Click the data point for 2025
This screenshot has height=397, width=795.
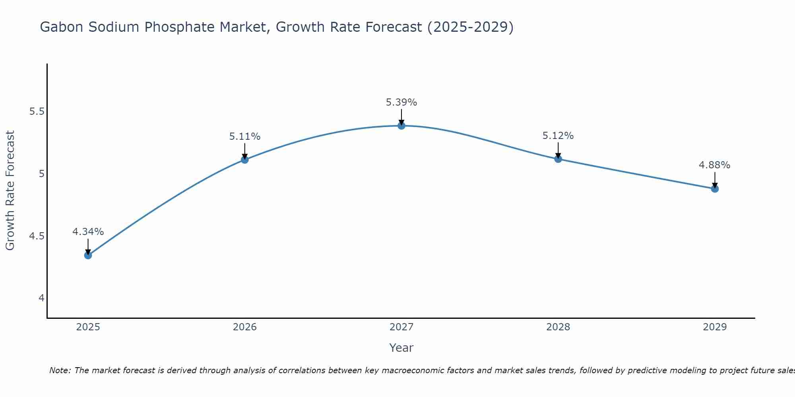pos(88,255)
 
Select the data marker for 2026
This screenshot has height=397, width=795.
pos(244,160)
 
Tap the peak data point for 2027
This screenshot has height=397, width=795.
pos(401,126)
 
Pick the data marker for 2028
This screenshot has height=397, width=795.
pos(558,159)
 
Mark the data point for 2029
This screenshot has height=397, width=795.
pos(715,189)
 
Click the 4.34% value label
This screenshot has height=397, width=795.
pos(88,231)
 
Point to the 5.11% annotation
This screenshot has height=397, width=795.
pos(244,137)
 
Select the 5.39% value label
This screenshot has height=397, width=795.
pos(401,102)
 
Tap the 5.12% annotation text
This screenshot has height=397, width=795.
pos(558,136)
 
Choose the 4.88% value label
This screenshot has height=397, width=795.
pos(715,165)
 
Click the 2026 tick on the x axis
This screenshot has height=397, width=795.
pos(244,327)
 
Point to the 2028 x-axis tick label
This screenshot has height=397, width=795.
pos(558,327)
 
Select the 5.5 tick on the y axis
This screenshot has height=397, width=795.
pos(37,112)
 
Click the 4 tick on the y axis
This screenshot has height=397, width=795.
pos(41,298)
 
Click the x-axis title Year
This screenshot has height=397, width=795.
pos(401,348)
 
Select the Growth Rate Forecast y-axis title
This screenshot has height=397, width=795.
pos(10,190)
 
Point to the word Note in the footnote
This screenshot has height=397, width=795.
pos(60,370)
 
